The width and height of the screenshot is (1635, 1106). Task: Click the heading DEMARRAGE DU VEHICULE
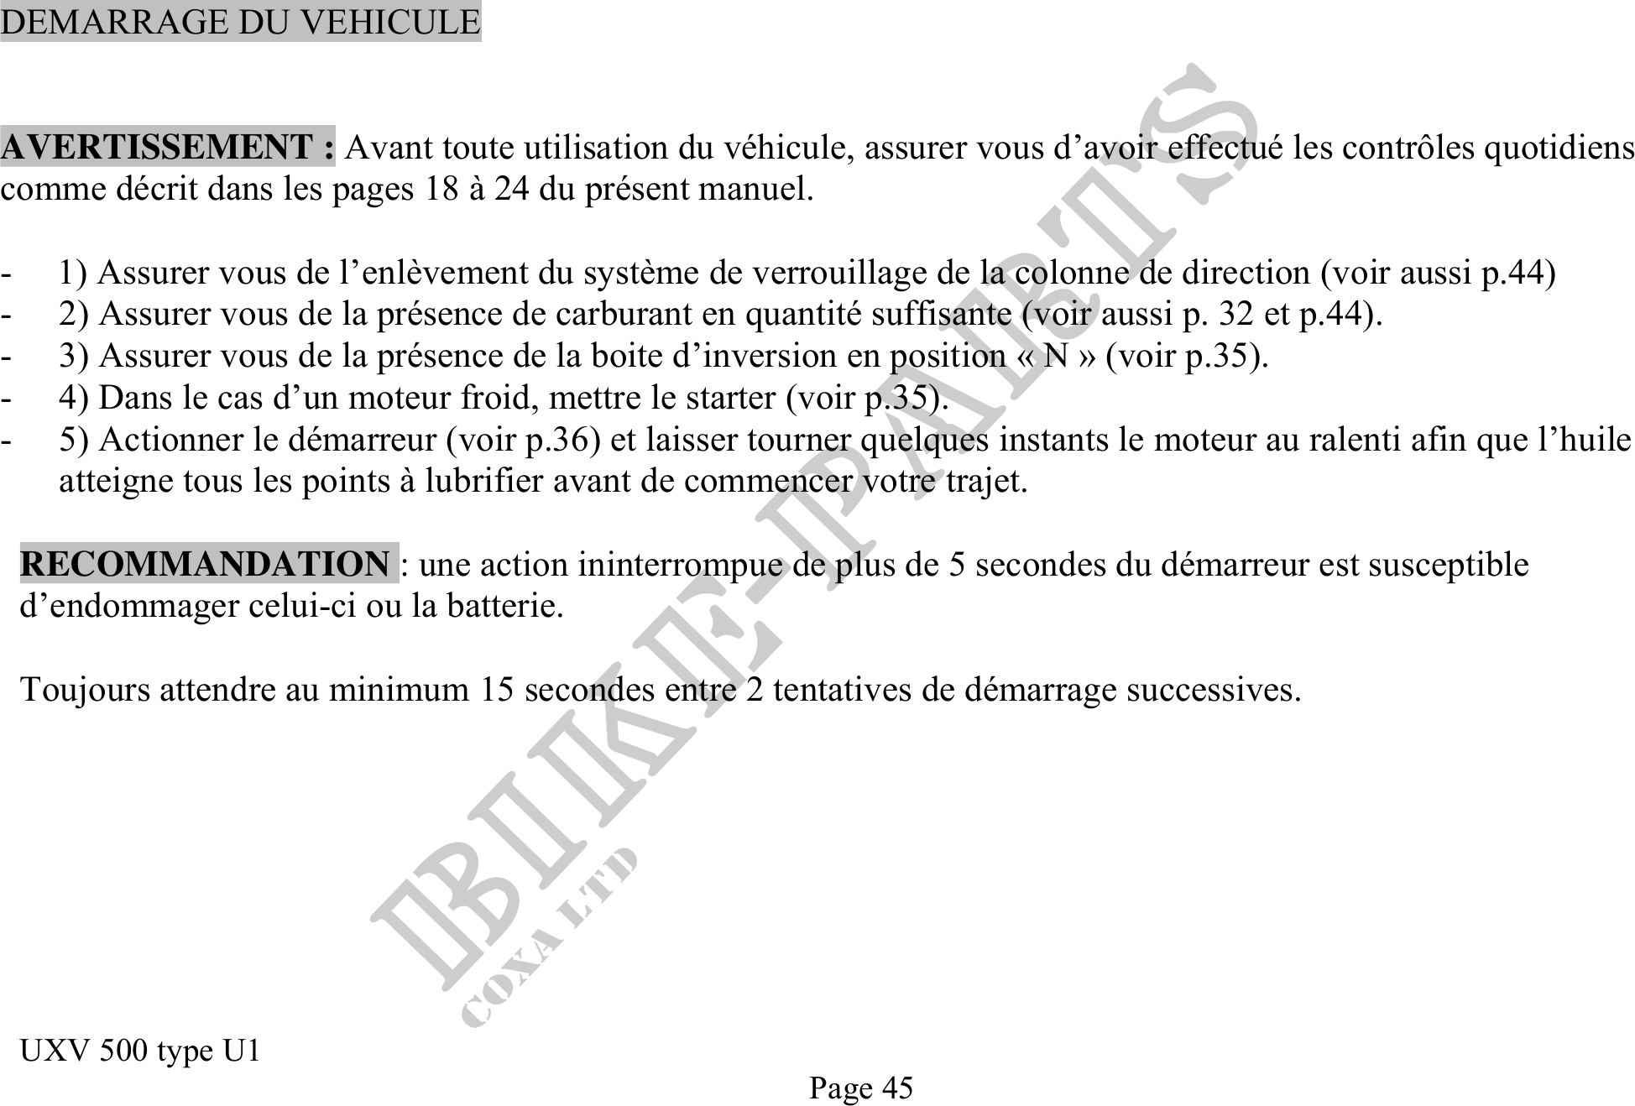240,22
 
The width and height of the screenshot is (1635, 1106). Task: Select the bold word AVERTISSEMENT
157,148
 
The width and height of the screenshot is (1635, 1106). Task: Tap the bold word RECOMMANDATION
205,564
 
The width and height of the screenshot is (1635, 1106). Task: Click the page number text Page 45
860,1088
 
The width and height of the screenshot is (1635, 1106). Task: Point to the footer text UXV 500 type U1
140,1050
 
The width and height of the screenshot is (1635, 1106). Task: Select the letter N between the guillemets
1055,357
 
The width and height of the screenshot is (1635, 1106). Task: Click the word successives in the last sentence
1213,690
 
